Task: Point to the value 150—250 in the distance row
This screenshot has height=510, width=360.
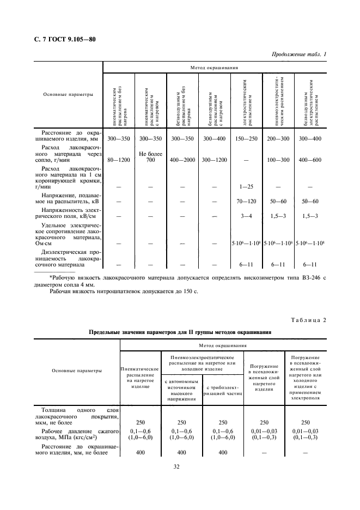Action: [247, 139]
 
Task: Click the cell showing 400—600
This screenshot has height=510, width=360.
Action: [310, 160]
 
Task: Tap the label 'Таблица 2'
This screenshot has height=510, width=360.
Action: [307, 319]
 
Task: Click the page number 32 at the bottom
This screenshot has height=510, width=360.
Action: [177, 466]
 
